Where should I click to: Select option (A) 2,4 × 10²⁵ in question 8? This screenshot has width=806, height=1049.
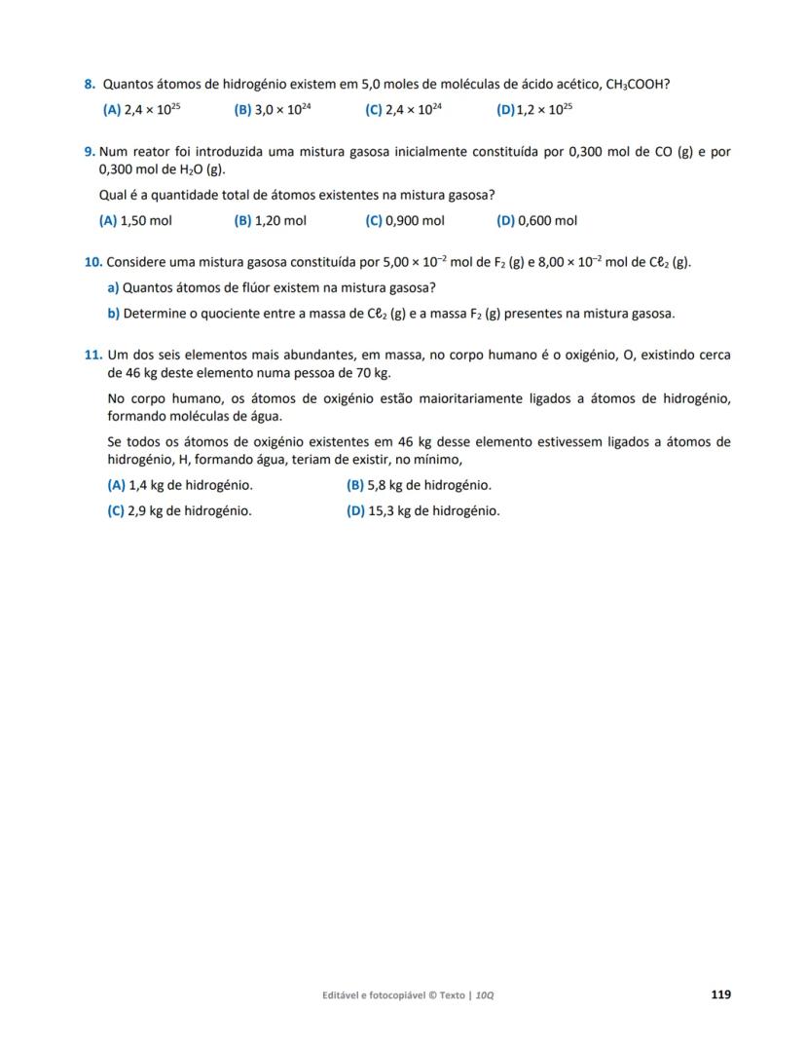(141, 110)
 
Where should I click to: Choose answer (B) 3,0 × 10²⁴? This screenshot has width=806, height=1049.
(273, 110)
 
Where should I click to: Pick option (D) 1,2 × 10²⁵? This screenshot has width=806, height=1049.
(534, 110)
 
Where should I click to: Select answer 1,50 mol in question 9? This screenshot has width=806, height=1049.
(135, 221)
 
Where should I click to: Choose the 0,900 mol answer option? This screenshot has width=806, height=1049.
(405, 221)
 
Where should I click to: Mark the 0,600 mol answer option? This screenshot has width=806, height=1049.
(536, 221)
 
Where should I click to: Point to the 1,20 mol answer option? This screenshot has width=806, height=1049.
(270, 221)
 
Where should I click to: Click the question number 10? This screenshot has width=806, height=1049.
(93, 262)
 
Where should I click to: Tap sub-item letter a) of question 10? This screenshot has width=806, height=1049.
(113, 287)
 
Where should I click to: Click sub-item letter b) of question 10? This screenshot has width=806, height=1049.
(113, 314)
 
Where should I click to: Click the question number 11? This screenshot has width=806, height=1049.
(93, 356)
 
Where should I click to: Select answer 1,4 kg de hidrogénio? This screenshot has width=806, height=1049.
(180, 485)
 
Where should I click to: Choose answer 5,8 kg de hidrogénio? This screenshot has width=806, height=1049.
(419, 485)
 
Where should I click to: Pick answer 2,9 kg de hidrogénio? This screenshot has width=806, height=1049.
(179, 510)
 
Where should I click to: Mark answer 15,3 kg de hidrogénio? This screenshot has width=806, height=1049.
(422, 510)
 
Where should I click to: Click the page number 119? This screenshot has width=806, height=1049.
(720, 994)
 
